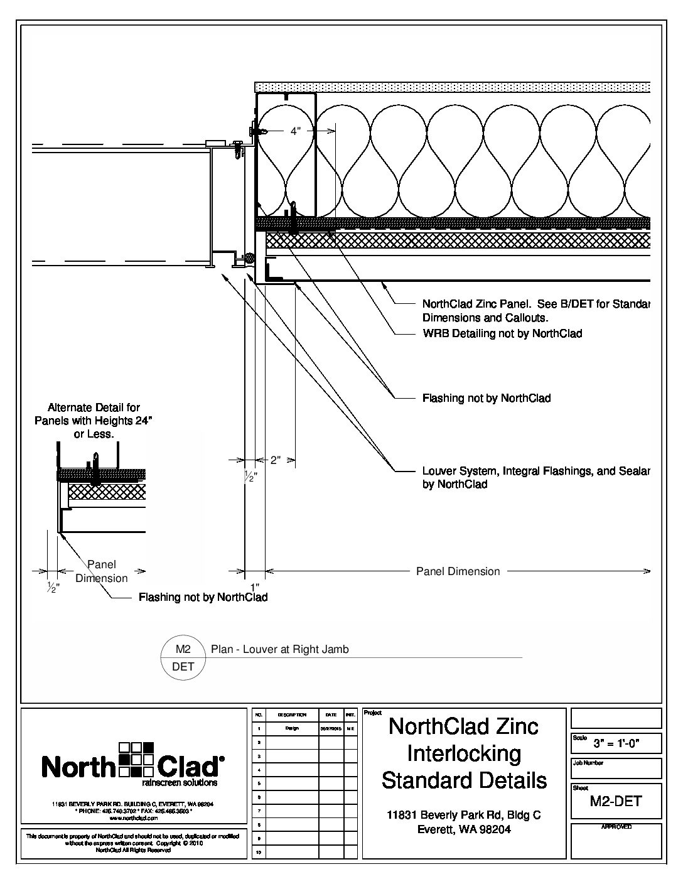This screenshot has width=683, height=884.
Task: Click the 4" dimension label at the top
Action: point(296,132)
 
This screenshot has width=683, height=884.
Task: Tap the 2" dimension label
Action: point(276,460)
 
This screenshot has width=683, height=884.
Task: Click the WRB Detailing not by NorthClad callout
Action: point(502,333)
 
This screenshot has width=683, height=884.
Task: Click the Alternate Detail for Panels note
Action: point(94,421)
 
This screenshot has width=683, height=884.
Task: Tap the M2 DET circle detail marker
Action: point(183,657)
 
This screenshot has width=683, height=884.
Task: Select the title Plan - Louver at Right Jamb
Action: point(279,649)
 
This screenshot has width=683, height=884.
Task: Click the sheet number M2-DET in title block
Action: point(616,801)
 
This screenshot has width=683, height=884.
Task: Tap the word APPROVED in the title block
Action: point(616,827)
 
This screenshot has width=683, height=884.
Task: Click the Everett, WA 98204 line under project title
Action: point(464,829)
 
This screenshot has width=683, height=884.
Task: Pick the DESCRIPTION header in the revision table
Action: point(291,714)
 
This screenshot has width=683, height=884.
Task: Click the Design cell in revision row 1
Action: point(291,728)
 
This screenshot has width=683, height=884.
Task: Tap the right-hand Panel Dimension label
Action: point(458,571)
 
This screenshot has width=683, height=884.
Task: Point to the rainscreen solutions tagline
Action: point(180,783)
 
